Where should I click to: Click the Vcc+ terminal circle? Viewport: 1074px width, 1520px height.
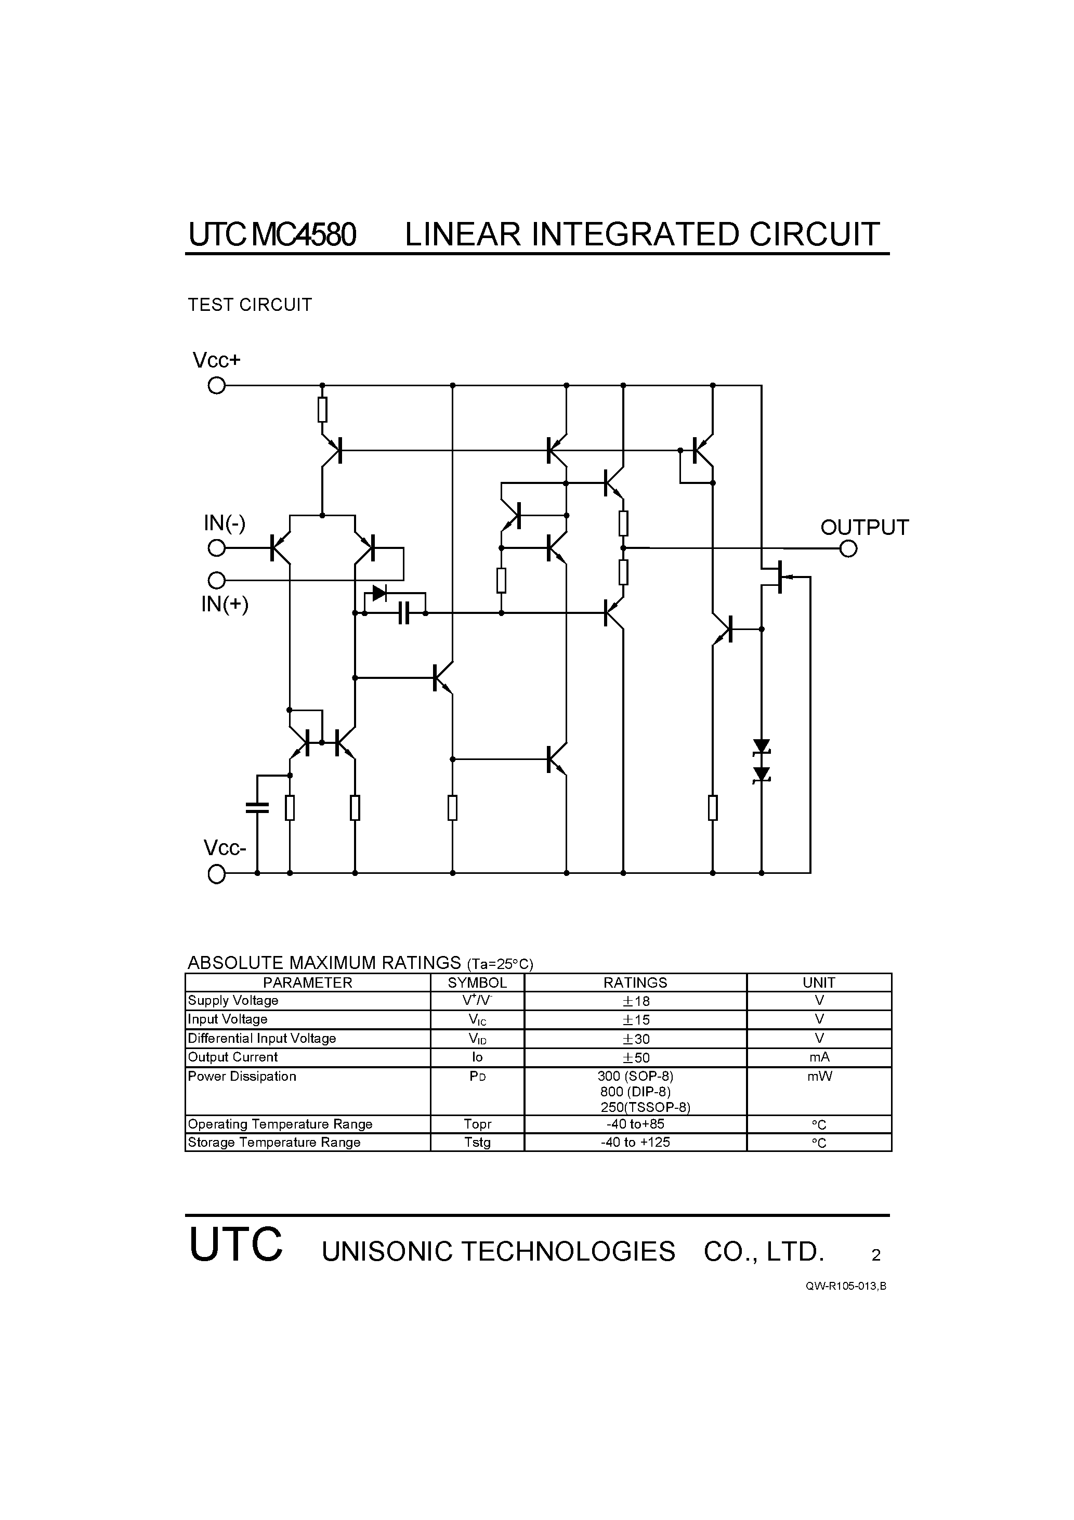[217, 385]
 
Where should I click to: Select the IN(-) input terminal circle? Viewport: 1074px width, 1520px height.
[217, 548]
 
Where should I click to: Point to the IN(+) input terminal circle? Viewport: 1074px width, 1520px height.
[217, 581]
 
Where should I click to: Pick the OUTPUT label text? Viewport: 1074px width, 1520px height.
[864, 528]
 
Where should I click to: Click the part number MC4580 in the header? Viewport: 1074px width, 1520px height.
[304, 234]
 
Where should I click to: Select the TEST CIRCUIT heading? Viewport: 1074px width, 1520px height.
[250, 305]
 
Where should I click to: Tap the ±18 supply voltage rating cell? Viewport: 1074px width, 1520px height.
[635, 1001]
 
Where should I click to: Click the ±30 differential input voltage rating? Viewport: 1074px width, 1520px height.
[635, 1039]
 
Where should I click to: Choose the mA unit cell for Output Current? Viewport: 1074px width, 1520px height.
[819, 1057]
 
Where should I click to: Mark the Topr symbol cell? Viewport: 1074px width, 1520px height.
[477, 1124]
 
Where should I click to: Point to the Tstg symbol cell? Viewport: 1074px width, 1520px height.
[477, 1142]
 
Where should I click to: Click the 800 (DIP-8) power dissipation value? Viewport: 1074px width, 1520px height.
[635, 1092]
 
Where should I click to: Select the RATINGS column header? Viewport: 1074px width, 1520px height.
[635, 982]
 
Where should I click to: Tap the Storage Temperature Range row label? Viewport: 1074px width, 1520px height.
[274, 1142]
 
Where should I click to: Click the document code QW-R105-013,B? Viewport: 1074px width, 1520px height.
[846, 1286]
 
